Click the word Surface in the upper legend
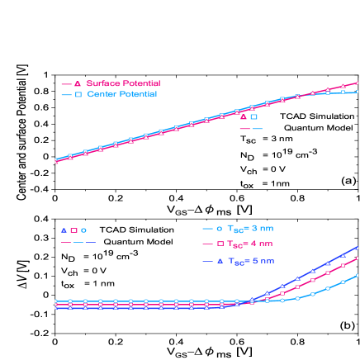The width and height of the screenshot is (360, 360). pos(102,83)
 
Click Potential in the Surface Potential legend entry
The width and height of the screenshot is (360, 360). pos(140,83)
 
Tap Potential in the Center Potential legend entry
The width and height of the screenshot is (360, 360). pos(136,94)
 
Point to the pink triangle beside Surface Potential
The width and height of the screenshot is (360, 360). pos(78,83)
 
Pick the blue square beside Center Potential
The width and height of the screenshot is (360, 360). pos(78,95)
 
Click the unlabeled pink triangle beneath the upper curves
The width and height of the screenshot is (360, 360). pos(244,117)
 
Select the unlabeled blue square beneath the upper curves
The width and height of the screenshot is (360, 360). pos(254,117)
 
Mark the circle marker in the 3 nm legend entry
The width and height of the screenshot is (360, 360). pos(219,229)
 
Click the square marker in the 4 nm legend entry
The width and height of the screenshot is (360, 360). pos(219,244)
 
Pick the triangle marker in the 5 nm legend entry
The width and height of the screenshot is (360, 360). pos(219,261)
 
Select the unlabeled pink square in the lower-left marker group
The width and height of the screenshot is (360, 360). pos(73,230)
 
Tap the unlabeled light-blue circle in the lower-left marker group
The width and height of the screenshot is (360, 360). pos(83,230)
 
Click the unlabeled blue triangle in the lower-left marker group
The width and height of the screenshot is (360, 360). pos(64,230)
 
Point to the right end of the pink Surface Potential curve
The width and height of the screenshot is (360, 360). pos(358,83)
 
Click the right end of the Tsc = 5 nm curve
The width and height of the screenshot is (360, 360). pos(358,247)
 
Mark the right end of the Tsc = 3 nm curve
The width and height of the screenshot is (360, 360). pos(358,276)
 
